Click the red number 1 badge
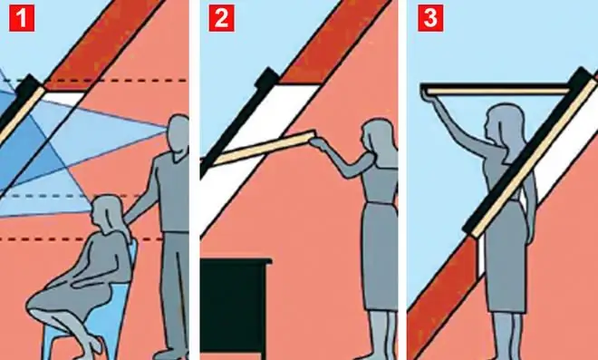tap(22, 18)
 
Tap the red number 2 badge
tap(222, 18)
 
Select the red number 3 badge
tap(430, 18)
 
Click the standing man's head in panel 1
tap(178, 133)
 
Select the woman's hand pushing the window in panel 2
tap(317, 144)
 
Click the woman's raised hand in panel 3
tap(427, 95)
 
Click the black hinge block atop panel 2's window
tap(267, 79)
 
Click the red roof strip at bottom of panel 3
tap(442, 297)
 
